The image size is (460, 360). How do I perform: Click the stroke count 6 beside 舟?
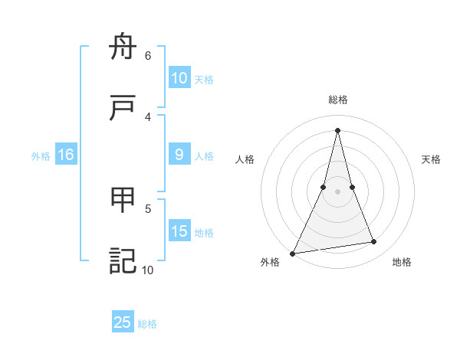click(x=148, y=56)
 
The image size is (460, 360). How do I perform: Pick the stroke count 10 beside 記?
click(x=147, y=270)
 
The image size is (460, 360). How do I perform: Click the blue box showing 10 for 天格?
click(x=179, y=78)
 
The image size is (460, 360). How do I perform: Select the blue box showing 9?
click(x=179, y=155)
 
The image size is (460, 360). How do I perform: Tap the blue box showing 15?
click(x=179, y=231)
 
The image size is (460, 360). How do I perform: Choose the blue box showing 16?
click(x=66, y=155)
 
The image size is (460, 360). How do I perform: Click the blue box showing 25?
click(x=123, y=322)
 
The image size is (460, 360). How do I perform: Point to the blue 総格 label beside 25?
click(x=147, y=324)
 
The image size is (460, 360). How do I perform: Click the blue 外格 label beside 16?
click(x=41, y=156)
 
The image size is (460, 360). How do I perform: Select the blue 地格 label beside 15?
click(x=204, y=233)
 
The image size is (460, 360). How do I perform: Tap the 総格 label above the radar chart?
click(x=338, y=100)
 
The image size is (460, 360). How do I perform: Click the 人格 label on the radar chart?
click(x=245, y=159)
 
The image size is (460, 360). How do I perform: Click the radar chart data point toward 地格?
click(x=374, y=242)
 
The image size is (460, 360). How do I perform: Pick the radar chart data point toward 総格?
click(x=337, y=130)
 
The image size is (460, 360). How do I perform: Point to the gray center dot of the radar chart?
click(x=337, y=191)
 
